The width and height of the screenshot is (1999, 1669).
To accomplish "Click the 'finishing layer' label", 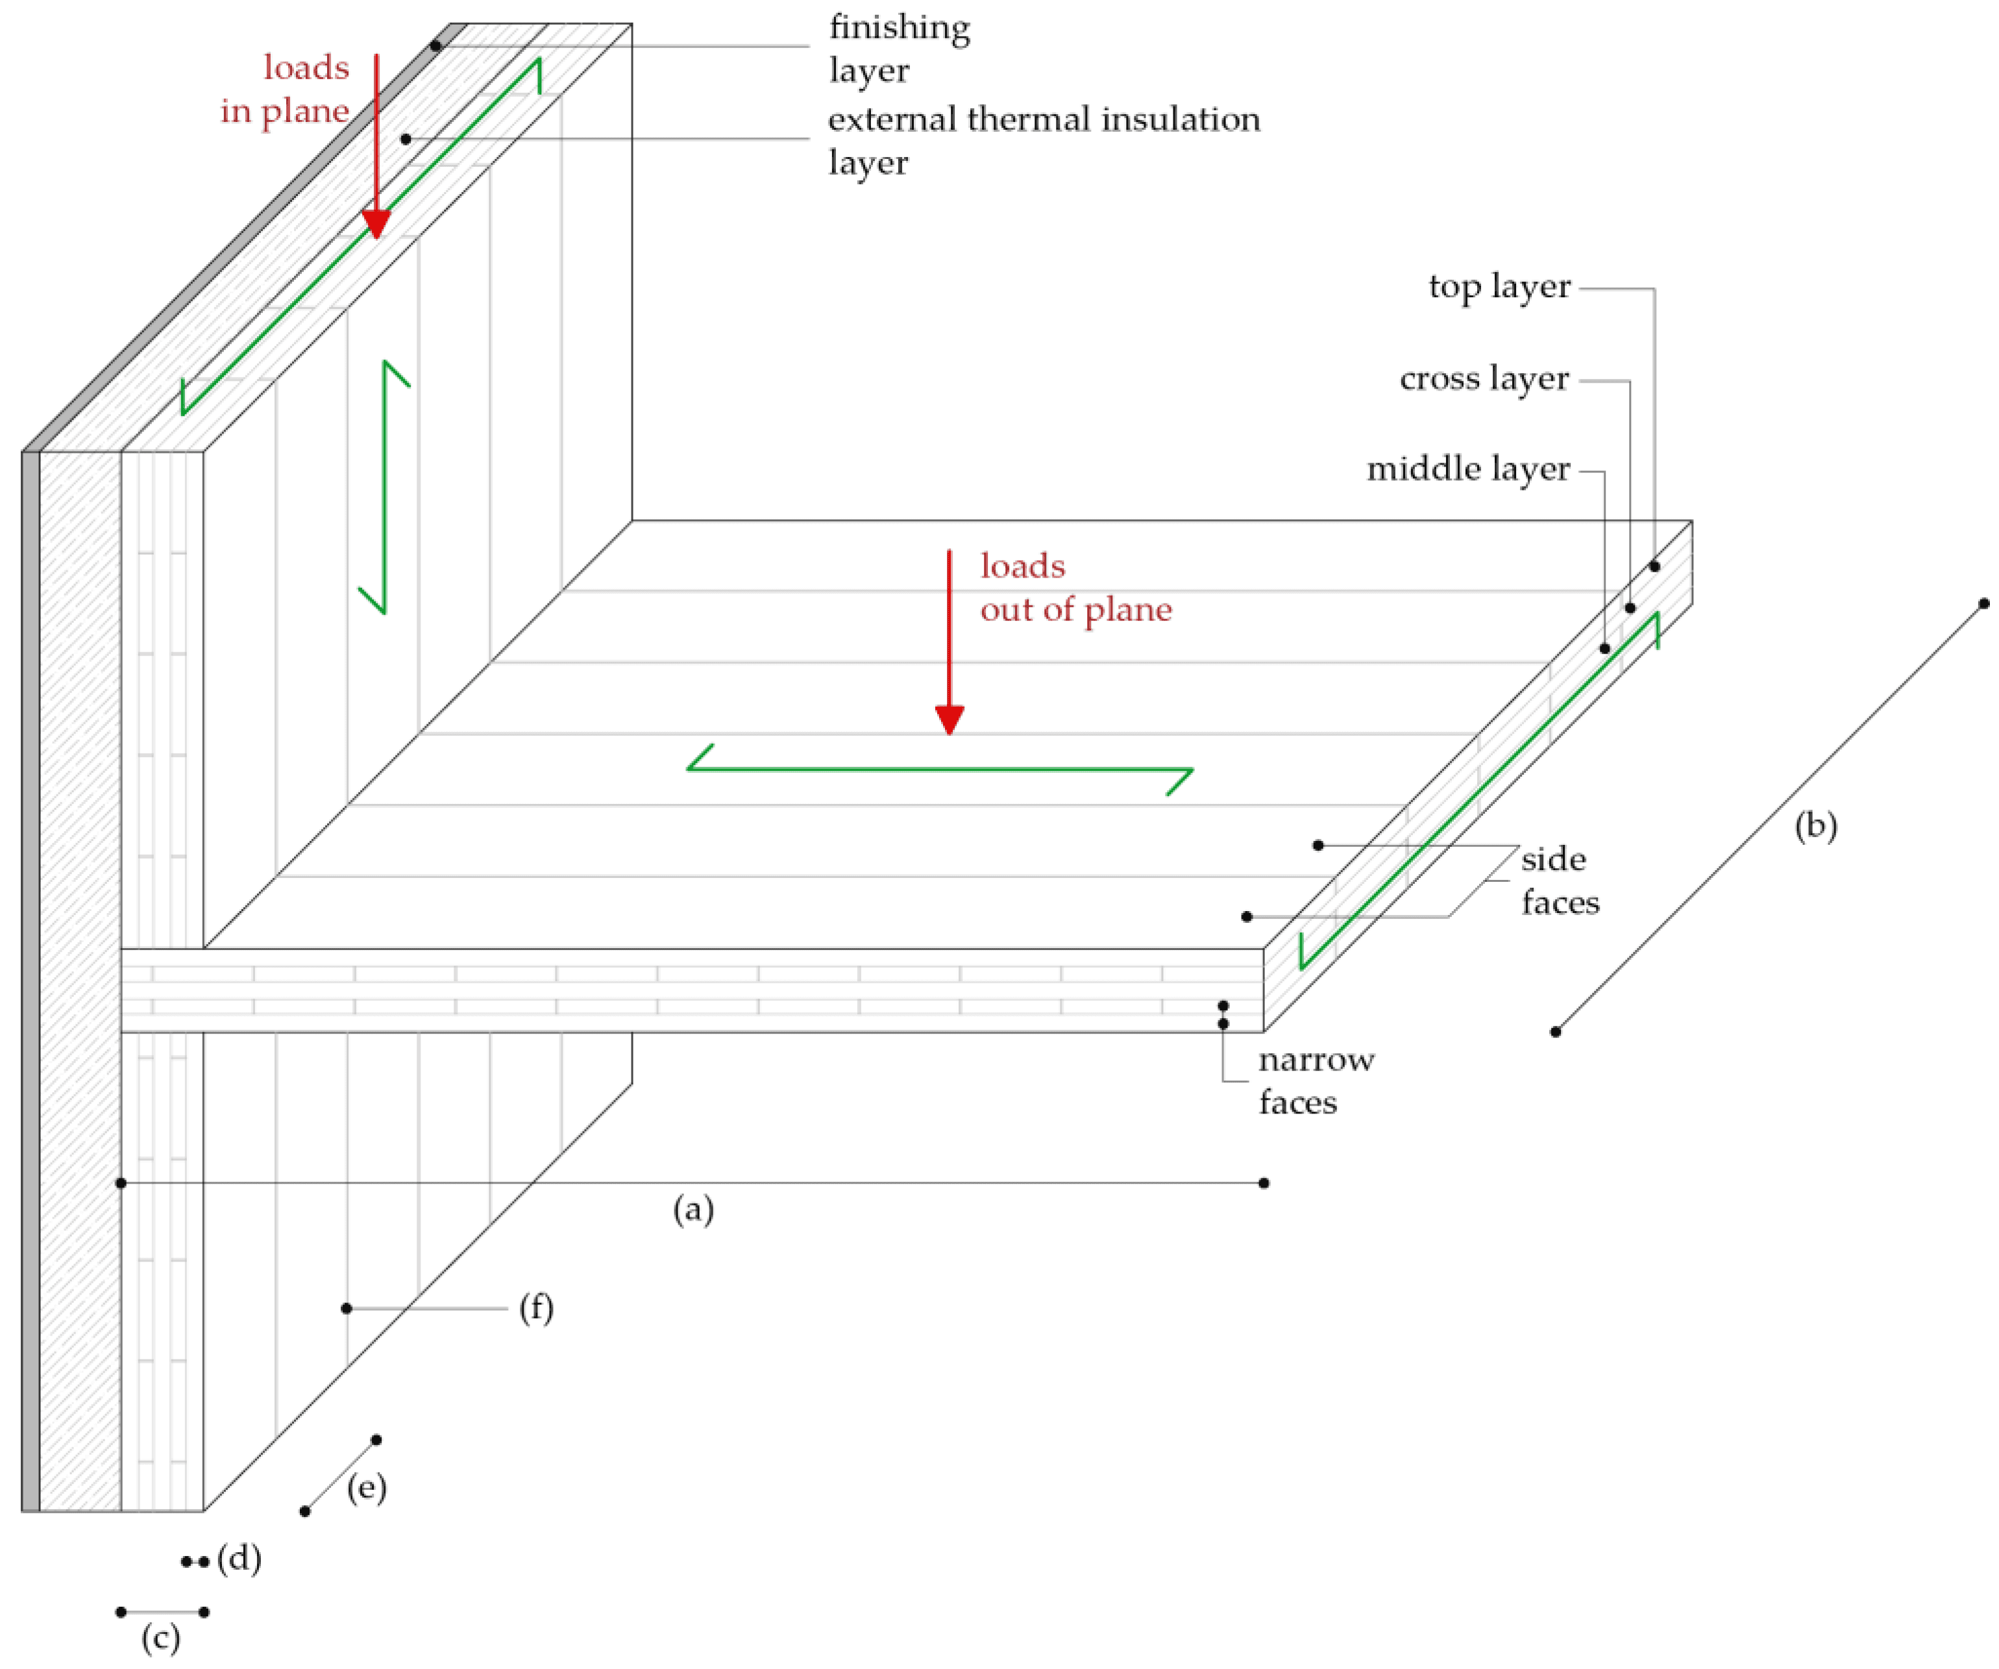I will coord(899,49).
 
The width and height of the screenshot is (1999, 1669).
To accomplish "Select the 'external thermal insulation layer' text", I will coord(1042,140).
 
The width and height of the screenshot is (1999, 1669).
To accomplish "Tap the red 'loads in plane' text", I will coord(286,90).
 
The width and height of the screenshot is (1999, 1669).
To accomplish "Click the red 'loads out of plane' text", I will coord(1075,587).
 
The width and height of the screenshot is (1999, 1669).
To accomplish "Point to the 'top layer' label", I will coord(1499,286).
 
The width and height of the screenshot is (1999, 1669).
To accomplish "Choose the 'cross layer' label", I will coord(1483,379).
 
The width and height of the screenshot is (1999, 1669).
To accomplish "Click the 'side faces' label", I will coord(1559,880).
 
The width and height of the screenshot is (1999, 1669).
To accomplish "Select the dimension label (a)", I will coord(693,1210).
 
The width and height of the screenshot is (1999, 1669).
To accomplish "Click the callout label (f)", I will coord(536,1308).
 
